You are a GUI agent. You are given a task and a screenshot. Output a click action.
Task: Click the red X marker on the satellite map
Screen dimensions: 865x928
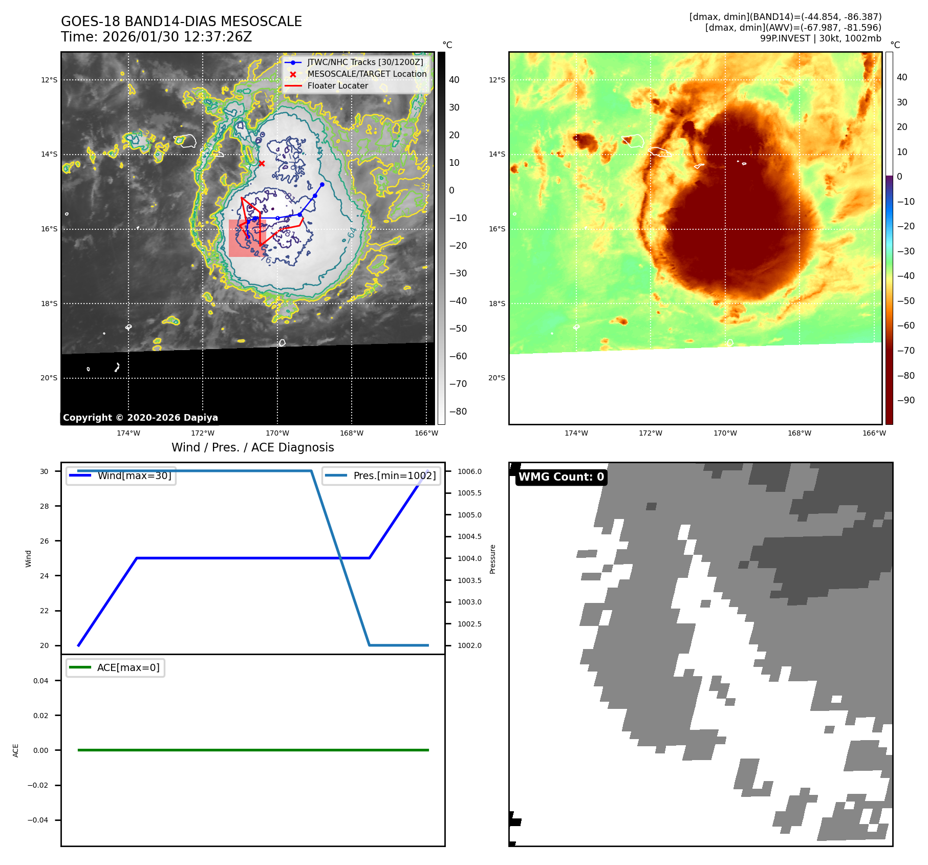click(x=262, y=163)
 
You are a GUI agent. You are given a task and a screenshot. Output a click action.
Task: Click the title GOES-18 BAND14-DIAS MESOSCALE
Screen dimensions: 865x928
click(x=181, y=21)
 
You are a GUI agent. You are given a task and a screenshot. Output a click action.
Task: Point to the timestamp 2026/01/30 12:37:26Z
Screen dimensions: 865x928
click(x=177, y=37)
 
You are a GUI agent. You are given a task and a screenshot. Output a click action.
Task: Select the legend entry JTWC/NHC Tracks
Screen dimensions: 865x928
click(x=365, y=62)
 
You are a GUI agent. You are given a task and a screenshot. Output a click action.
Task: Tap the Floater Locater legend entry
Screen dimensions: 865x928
click(x=337, y=85)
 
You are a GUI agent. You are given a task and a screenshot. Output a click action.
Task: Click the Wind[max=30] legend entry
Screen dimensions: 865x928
click(x=134, y=475)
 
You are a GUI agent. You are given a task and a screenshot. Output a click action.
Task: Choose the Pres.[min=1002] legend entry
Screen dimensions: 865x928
click(x=394, y=475)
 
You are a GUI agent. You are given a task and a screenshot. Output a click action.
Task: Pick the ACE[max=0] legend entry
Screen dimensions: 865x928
click(x=128, y=667)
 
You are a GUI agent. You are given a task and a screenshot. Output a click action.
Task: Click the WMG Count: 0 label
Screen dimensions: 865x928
click(x=561, y=477)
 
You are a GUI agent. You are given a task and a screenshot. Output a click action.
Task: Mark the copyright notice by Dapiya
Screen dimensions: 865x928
click(x=140, y=418)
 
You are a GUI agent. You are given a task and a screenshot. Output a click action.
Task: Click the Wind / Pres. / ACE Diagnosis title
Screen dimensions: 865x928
click(x=252, y=447)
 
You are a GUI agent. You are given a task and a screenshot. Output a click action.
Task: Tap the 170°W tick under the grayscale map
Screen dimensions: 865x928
click(x=277, y=433)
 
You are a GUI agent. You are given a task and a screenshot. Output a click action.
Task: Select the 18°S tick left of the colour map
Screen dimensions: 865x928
click(x=497, y=304)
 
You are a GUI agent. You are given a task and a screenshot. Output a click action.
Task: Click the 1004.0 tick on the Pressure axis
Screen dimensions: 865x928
click(x=469, y=558)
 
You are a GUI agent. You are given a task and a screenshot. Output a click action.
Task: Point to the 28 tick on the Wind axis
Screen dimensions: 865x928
click(x=45, y=506)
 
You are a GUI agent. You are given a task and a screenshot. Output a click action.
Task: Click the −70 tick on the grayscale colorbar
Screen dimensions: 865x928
click(x=458, y=384)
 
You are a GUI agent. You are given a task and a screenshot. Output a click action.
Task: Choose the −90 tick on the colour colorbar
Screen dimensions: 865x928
click(x=905, y=400)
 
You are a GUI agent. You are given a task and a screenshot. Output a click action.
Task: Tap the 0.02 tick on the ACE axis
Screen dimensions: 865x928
click(x=41, y=716)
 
